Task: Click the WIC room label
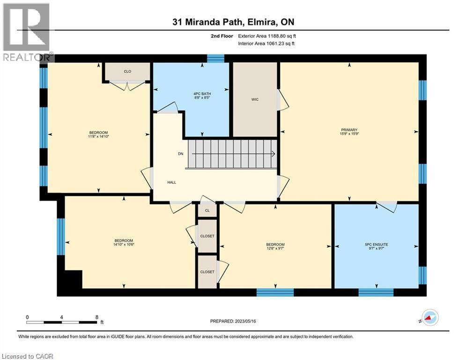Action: [x=255, y=99]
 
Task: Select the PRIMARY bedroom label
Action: [x=349, y=130]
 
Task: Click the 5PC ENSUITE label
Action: [x=377, y=245]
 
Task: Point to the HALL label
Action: [x=172, y=182]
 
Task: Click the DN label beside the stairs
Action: [x=181, y=154]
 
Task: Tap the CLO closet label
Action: [x=127, y=71]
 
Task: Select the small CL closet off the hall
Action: [x=207, y=210]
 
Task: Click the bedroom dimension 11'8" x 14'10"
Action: [x=99, y=136]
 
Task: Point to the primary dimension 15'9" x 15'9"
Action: [x=349, y=134]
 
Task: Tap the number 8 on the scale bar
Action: [x=96, y=317]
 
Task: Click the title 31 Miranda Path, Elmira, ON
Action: [x=233, y=22]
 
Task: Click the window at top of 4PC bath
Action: [x=215, y=58]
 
